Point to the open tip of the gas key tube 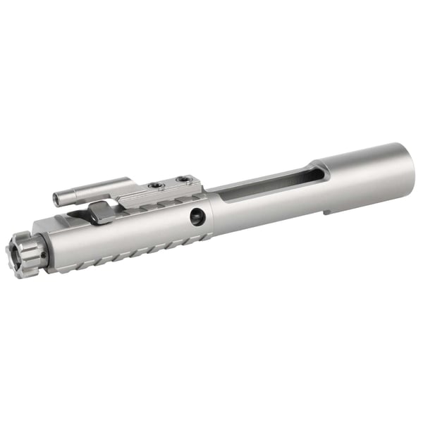(57, 200)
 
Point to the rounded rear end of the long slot (317, 171)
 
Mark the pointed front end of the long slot (211, 192)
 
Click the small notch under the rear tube (326, 210)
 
